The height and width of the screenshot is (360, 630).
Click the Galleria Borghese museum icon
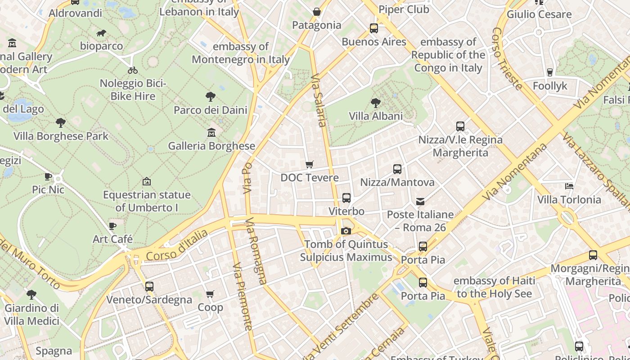click(211, 133)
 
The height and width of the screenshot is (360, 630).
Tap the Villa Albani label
click(376, 116)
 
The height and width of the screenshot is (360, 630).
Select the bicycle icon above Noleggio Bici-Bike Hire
click(133, 70)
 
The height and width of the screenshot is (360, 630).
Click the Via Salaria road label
click(318, 100)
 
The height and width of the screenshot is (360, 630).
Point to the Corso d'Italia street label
click(177, 245)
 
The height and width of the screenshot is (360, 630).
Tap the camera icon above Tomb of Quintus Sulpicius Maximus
click(346, 231)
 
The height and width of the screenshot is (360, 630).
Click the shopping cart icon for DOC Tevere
click(309, 165)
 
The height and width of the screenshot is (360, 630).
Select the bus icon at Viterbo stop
click(346, 198)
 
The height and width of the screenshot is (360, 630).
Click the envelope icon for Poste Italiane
click(420, 201)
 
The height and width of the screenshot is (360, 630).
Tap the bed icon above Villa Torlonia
click(569, 186)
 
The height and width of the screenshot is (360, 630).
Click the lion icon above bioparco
click(101, 33)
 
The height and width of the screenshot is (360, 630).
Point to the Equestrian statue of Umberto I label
click(147, 201)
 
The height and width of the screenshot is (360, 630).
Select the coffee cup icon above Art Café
click(112, 226)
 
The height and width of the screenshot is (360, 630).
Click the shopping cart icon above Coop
click(210, 294)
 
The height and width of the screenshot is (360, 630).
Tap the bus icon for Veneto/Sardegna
click(149, 287)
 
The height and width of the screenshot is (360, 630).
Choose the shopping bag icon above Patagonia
click(317, 12)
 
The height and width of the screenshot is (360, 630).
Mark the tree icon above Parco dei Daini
click(210, 97)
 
